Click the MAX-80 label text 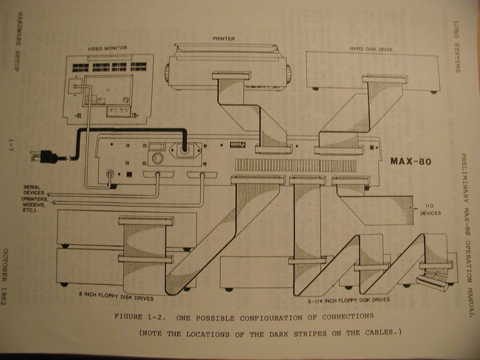pos(411,162)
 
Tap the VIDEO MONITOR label pos(107,48)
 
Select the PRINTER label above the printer pos(224,39)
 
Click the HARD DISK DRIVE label pos(371,49)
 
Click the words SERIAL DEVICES pos(34,190)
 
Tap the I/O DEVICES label pos(430,210)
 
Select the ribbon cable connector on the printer pos(231,75)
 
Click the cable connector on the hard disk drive pos(384,79)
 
